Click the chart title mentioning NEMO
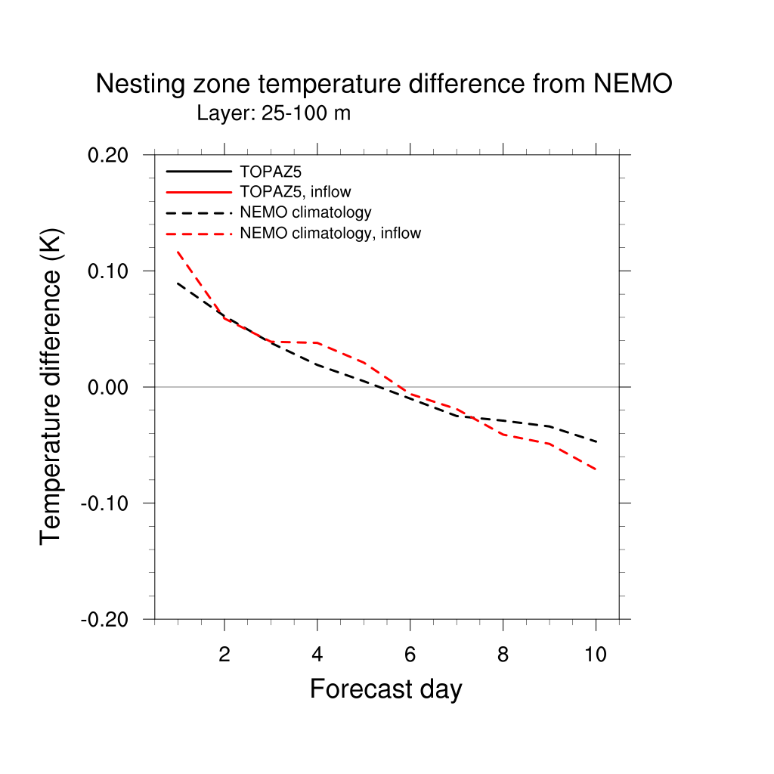click(x=383, y=84)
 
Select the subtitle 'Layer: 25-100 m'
click(x=274, y=113)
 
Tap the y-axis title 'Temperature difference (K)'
click(x=51, y=385)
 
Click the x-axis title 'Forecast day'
click(x=385, y=689)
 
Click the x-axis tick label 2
click(x=224, y=655)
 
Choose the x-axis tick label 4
click(x=317, y=655)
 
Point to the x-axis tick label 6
click(x=410, y=655)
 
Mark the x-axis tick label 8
click(x=503, y=655)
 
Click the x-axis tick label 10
click(x=596, y=655)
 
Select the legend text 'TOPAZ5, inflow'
click(x=295, y=192)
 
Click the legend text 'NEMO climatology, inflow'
click(x=330, y=234)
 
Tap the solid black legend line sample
click(x=199, y=172)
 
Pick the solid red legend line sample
click(x=199, y=192)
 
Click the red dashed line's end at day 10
click(x=596, y=469)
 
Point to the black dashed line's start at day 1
click(x=178, y=283)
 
